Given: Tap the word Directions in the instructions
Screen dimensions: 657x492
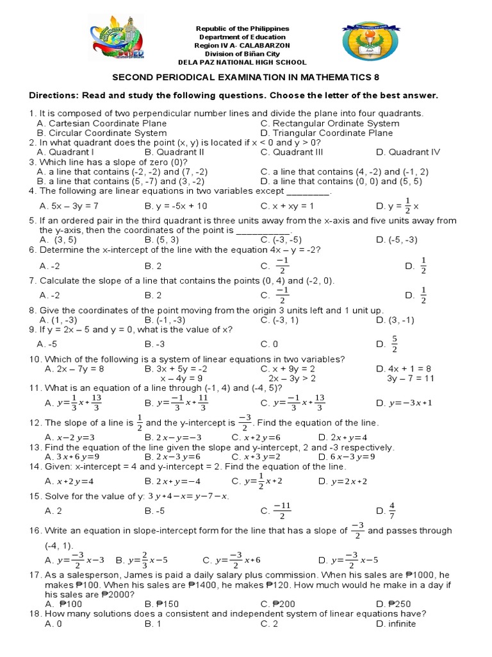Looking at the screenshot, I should click(52, 96).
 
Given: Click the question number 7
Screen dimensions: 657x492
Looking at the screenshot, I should click(32, 281).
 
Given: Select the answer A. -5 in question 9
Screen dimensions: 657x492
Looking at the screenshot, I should click(49, 344).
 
